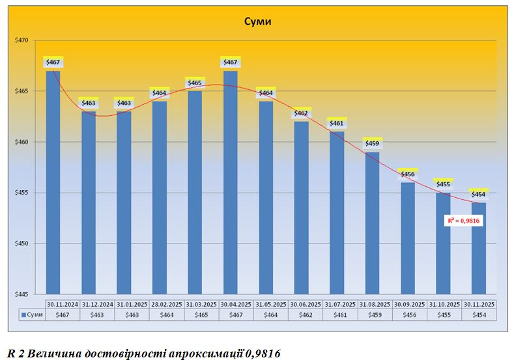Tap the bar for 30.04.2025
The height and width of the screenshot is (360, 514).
click(231, 182)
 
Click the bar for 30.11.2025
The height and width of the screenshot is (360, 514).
click(479, 248)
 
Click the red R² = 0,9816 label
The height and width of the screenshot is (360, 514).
click(464, 221)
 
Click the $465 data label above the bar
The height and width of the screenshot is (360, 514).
click(195, 83)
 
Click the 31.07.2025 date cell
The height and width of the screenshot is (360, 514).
click(337, 304)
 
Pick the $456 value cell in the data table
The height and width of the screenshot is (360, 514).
click(408, 315)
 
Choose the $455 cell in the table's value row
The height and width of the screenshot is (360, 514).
click(443, 315)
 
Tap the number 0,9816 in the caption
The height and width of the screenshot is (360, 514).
click(264, 353)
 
